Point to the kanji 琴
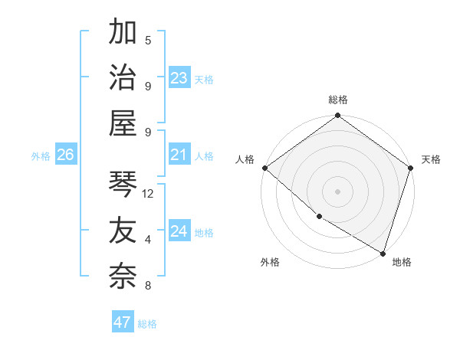pyautogui.click(x=123, y=184)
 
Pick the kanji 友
pyautogui.click(x=123, y=230)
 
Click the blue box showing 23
pyautogui.click(x=179, y=78)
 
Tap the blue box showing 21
pyautogui.click(x=179, y=155)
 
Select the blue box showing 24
pyautogui.click(x=179, y=232)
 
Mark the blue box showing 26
pyautogui.click(x=65, y=155)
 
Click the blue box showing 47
pyautogui.click(x=122, y=322)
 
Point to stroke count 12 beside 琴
pyautogui.click(x=148, y=194)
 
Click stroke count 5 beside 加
pyautogui.click(x=148, y=40)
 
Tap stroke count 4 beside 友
pyautogui.click(x=148, y=240)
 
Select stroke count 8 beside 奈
pyautogui.click(x=148, y=286)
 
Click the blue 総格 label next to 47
pyautogui.click(x=147, y=324)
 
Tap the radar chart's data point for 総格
pyautogui.click(x=337, y=116)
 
